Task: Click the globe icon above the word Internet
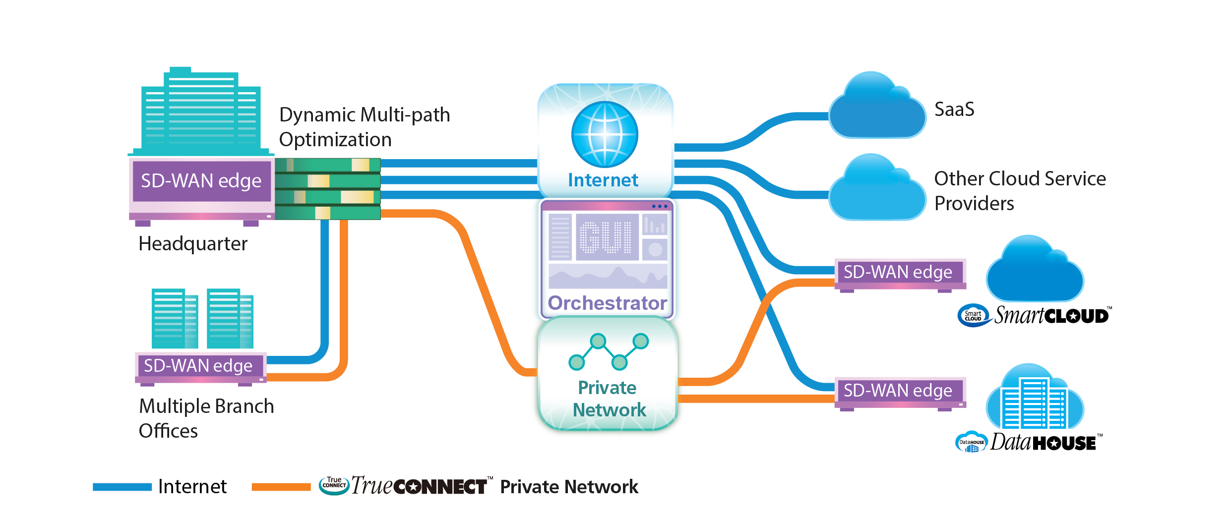605,134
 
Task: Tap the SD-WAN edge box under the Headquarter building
201,181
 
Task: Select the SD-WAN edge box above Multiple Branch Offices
198,366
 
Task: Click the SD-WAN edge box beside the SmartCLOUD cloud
898,273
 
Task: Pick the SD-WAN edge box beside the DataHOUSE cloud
898,391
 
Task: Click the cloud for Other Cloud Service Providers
877,191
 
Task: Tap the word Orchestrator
607,303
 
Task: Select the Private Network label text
608,399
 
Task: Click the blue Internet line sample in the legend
122,487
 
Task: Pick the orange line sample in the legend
281,487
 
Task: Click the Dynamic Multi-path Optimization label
364,127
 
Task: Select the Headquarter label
193,244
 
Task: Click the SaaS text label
954,110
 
